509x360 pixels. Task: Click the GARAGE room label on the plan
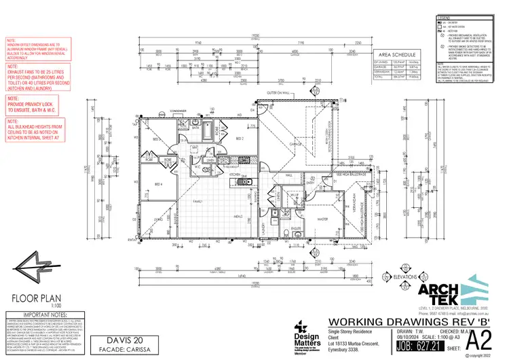click(x=296, y=144)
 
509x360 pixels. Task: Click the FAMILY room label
click(x=198, y=202)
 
